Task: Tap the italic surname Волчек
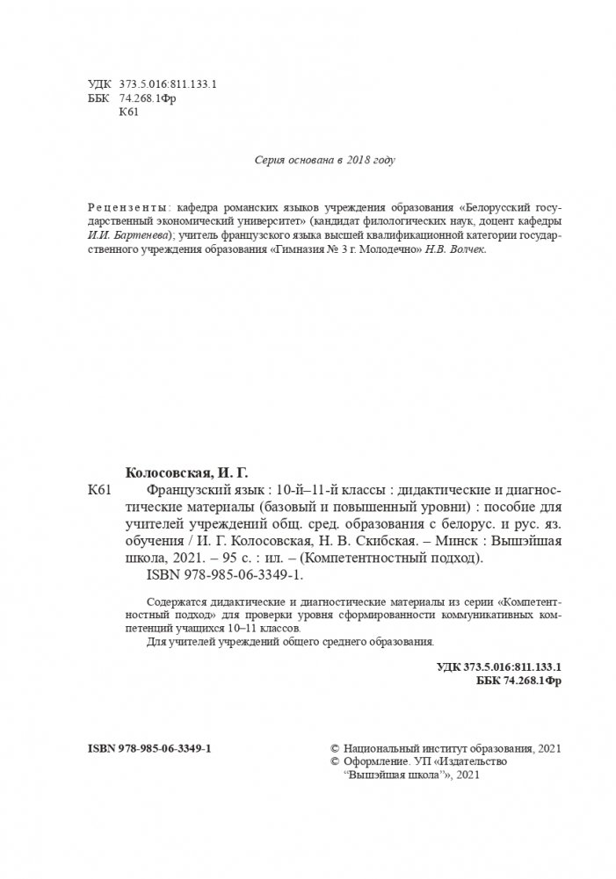pyautogui.click(x=466, y=249)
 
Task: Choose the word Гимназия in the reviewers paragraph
pyautogui.click(x=301, y=249)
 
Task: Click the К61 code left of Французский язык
pyautogui.click(x=100, y=489)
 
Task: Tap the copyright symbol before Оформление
pyautogui.click(x=332, y=762)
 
